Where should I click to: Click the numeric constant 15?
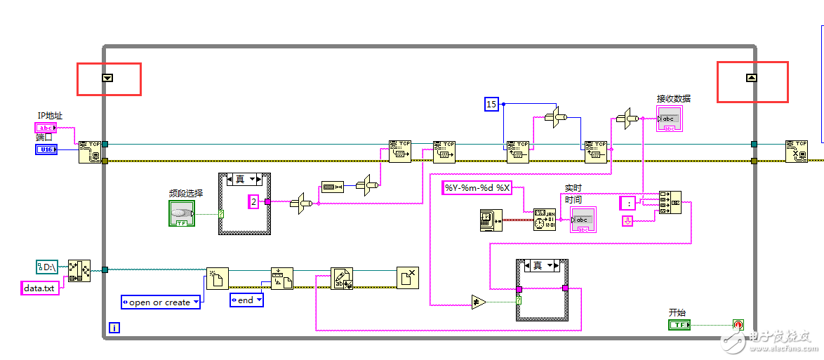[491, 105]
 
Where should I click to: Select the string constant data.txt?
[39, 287]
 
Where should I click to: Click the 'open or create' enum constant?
[161, 302]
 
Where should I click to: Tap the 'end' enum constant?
[246, 300]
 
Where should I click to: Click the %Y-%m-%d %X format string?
[477, 188]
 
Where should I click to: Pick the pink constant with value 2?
[254, 202]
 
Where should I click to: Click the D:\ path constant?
[49, 267]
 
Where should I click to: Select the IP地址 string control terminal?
[45, 128]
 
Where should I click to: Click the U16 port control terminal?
[46, 149]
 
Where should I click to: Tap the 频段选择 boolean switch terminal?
[182, 213]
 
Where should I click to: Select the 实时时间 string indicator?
[583, 220]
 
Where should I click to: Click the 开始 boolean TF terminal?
[679, 325]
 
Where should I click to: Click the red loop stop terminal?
[738, 325]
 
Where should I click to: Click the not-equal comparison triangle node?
[479, 302]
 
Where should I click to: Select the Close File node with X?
[407, 278]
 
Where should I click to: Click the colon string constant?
[627, 204]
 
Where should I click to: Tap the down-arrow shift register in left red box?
[107, 78]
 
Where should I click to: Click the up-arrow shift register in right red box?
[751, 78]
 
